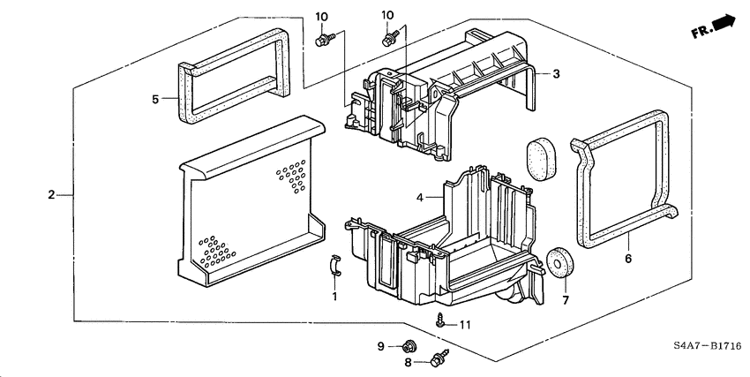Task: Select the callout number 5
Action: pos(155,100)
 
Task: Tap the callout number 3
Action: pos(557,74)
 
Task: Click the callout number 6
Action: pos(628,260)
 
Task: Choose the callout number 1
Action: pos(334,297)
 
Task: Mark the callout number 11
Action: pos(465,325)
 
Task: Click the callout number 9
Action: pos(382,346)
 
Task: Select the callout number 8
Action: pos(409,362)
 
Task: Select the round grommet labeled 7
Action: pos(559,263)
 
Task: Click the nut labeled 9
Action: pos(409,346)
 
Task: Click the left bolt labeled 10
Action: pos(324,39)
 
